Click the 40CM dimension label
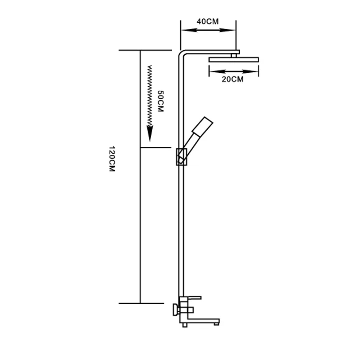[x=208, y=21]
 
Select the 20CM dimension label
[x=232, y=79]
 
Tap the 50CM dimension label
[x=161, y=101]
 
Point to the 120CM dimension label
[x=112, y=159]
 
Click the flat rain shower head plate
[x=234, y=60]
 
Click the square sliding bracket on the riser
[x=181, y=157]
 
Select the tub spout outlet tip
[x=216, y=324]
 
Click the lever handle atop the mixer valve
[x=190, y=298]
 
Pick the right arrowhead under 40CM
[x=227, y=30]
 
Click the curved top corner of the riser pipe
[x=182, y=53]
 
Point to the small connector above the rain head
[x=234, y=55]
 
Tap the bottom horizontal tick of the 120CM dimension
[x=141, y=303]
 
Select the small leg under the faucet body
[x=185, y=325]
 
